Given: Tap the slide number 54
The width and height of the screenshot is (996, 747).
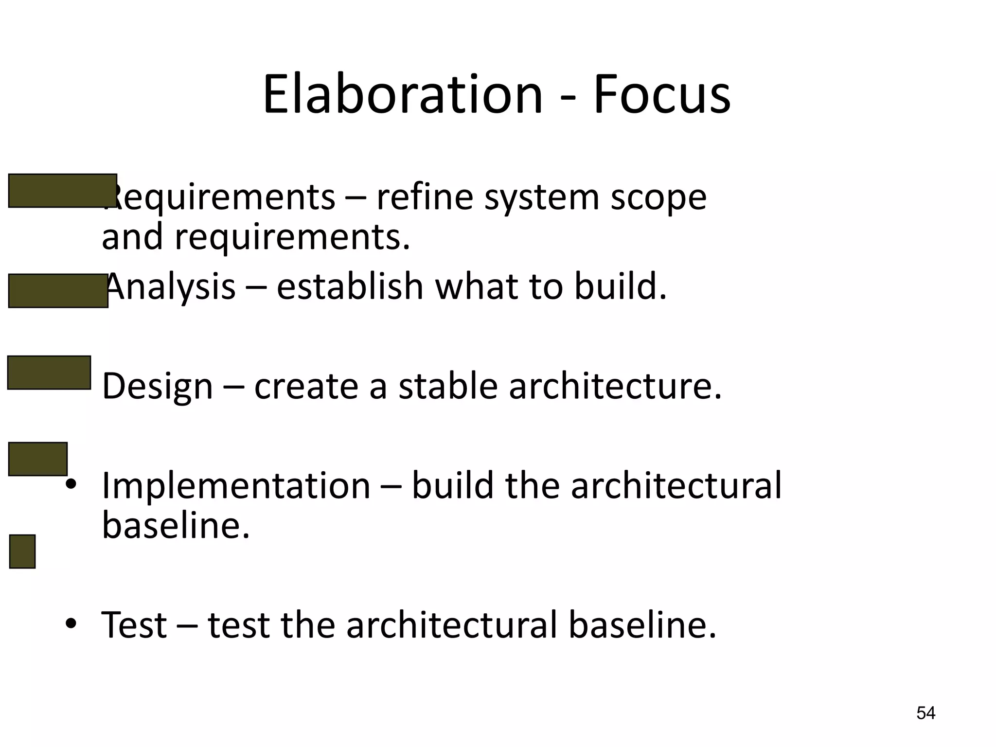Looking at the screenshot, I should coord(925,713).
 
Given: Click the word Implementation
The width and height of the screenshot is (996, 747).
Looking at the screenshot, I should coord(236,486).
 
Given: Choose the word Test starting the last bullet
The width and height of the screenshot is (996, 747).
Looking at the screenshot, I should coord(134,625).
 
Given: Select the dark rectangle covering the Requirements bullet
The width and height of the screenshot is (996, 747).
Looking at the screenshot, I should coord(62,191).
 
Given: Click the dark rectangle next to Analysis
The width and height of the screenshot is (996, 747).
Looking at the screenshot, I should coord(58,291).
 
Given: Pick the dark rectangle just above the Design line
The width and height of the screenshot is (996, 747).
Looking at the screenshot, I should coord(49,373).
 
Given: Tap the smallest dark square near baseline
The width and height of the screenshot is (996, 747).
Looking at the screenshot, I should coord(22,551).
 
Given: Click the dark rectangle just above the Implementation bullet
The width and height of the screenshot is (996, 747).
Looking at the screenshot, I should coord(38,459).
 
